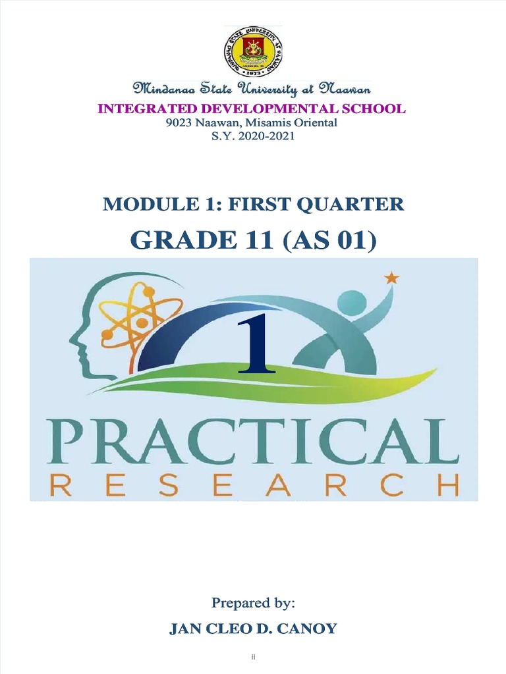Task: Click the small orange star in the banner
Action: [x=392, y=278]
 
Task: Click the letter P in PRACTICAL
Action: [x=69, y=435]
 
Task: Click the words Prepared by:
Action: [x=252, y=602]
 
